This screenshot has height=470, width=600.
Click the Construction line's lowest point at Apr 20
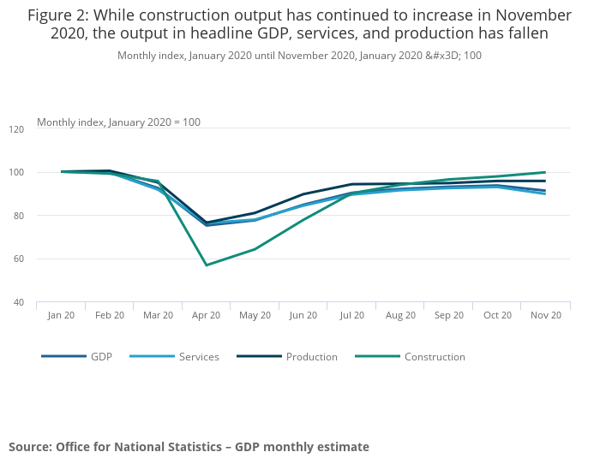[x=207, y=265]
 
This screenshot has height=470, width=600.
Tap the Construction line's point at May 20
[x=255, y=249]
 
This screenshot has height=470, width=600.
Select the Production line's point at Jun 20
[x=303, y=194]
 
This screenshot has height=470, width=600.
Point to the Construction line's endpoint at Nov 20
[x=545, y=172]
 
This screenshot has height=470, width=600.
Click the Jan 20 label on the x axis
[x=61, y=315]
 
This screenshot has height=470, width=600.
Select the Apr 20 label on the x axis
[x=207, y=315]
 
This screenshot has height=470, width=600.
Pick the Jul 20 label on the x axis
[x=351, y=315]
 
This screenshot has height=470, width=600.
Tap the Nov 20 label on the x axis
[x=545, y=315]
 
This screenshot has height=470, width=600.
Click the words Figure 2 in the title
[x=59, y=15]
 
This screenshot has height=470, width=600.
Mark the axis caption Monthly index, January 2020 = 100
[x=118, y=122]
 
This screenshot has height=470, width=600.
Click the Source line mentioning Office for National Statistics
[x=189, y=447]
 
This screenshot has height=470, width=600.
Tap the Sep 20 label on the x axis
[x=448, y=315]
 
